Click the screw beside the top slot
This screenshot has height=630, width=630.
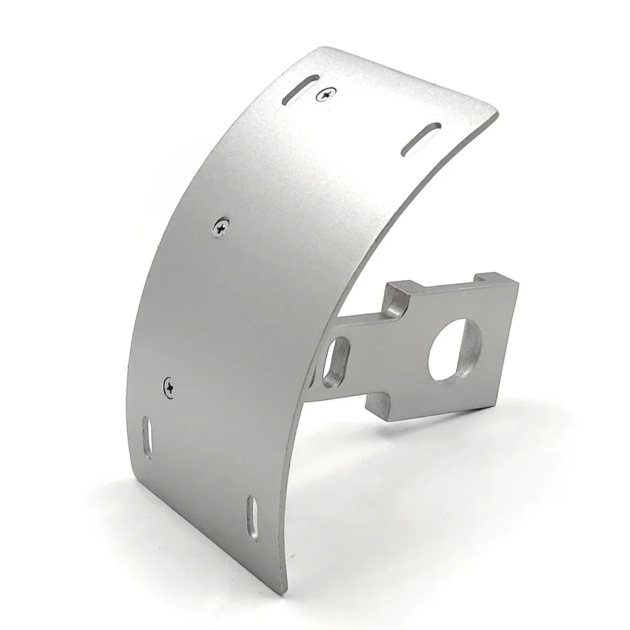(x=326, y=94)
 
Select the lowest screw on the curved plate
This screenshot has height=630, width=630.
(x=170, y=384)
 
